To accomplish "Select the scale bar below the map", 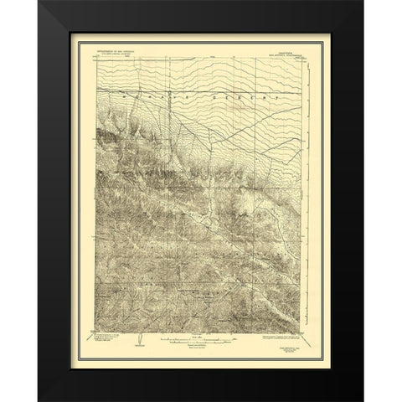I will tap(201, 341).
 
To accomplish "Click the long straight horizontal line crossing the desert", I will tap(201, 87).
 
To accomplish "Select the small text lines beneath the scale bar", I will tap(201, 349).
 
